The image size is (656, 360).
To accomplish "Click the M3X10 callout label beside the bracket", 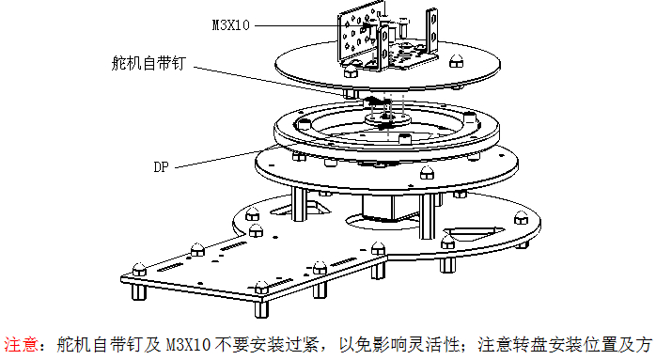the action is [x=230, y=25].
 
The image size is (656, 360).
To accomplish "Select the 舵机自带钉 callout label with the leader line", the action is [x=148, y=63].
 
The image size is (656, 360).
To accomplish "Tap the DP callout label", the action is [x=161, y=167].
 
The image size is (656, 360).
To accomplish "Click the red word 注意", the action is [x=21, y=345].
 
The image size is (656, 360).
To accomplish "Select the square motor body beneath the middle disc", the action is [x=378, y=208].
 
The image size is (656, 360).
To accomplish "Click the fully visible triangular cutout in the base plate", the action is [x=473, y=233].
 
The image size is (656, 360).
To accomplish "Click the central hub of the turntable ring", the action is [x=387, y=119].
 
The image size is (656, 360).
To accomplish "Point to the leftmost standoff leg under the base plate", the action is [x=139, y=291].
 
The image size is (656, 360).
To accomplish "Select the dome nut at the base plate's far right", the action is [x=521, y=218].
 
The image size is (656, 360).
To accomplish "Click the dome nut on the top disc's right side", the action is [x=456, y=61].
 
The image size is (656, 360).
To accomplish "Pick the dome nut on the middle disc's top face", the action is [x=427, y=172].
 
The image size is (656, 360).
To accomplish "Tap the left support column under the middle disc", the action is [x=299, y=204].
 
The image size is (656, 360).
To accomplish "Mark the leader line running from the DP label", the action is [x=226, y=157].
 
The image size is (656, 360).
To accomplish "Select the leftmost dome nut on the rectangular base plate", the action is [x=139, y=269].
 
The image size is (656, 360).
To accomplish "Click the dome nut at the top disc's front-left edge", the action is [x=351, y=71].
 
